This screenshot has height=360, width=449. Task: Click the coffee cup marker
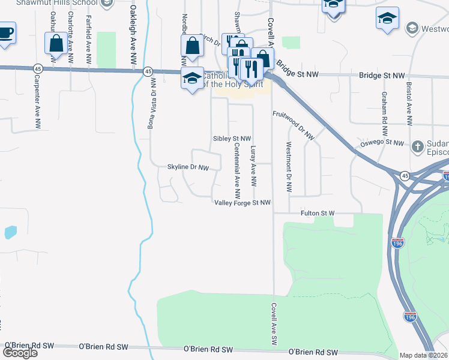click(x=5, y=32)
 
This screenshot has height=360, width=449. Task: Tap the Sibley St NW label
click(x=232, y=139)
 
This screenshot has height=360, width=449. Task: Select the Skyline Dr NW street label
click(x=188, y=167)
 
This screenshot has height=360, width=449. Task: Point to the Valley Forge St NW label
click(x=243, y=203)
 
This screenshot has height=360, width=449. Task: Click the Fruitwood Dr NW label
click(x=294, y=125)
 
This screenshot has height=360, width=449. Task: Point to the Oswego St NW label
click(x=382, y=143)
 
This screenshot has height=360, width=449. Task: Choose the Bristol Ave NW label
click(x=409, y=103)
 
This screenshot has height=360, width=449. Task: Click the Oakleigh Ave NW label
click(x=133, y=36)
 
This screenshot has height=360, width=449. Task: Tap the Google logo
click(x=20, y=352)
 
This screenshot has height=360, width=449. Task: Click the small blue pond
click(x=10, y=232)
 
